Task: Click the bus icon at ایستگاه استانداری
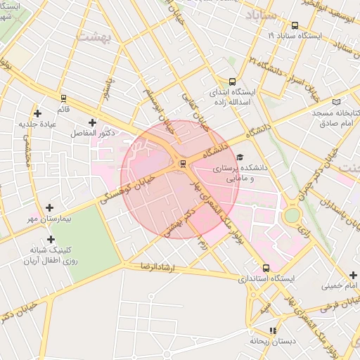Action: (x=266, y=268)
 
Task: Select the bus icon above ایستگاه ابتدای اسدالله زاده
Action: (x=233, y=81)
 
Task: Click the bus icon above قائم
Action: (x=63, y=98)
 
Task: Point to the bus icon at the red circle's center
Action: (x=183, y=165)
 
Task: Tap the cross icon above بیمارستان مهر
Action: (x=49, y=207)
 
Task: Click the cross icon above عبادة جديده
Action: (x=37, y=113)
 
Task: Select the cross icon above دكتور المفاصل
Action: (x=92, y=122)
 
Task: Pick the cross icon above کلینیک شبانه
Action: (x=50, y=239)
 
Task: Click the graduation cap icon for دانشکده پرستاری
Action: (x=240, y=157)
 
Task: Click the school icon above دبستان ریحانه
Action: (x=272, y=330)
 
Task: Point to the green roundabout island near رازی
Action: (x=292, y=215)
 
